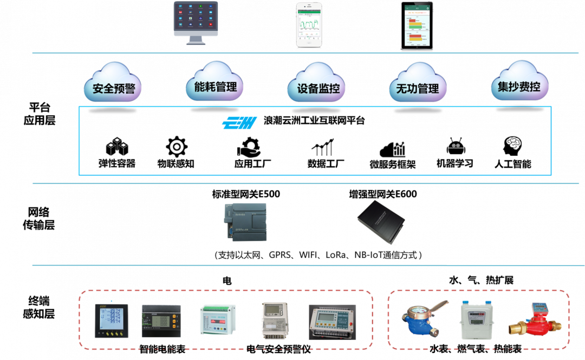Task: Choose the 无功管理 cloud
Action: (418, 86)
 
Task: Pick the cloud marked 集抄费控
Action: (519, 84)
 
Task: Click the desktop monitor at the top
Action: (196, 22)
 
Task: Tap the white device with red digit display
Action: (217, 323)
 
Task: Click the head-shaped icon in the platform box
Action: (512, 146)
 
